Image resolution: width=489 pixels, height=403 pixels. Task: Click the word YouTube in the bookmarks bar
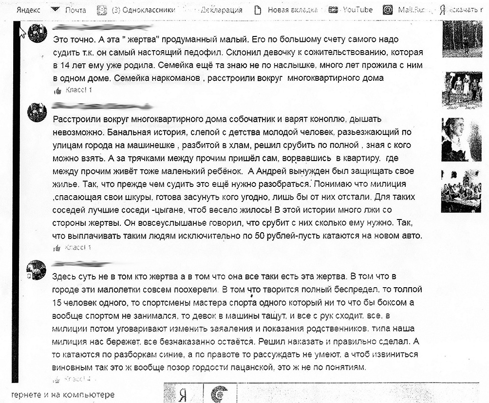point(357,9)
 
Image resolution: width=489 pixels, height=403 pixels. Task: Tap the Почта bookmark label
point(75,10)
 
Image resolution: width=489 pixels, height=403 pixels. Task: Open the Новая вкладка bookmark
point(293,10)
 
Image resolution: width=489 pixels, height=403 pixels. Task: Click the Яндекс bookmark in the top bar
point(28,10)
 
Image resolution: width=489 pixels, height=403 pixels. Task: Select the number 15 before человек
point(57,302)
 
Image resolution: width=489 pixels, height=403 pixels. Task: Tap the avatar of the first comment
point(38,34)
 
